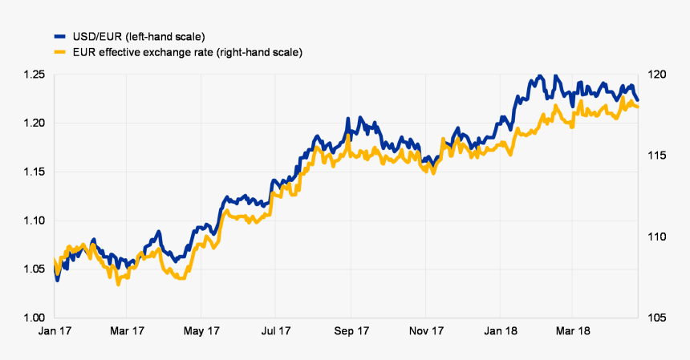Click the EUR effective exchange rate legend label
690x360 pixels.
[186, 52]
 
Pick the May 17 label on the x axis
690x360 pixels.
[201, 330]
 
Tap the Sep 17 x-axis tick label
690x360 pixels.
[351, 330]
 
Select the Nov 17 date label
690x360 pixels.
[425, 330]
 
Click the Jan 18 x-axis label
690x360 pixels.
[500, 330]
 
